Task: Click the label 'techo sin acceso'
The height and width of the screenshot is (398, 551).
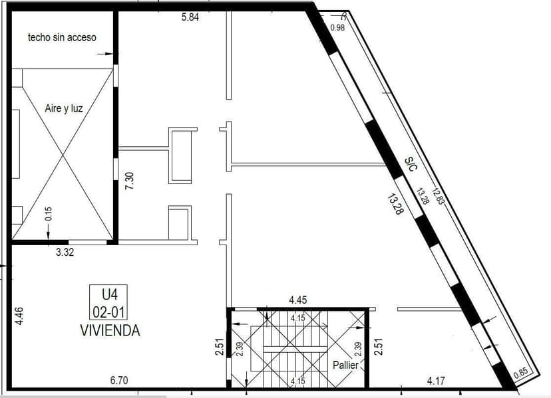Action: (62, 37)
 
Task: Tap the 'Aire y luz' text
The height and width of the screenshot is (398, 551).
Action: (64, 108)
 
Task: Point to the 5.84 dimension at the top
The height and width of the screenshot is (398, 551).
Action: (190, 17)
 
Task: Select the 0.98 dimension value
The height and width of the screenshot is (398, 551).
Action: (338, 27)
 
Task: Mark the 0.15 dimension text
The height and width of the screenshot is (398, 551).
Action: (48, 213)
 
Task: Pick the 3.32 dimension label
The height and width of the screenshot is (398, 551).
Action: (65, 252)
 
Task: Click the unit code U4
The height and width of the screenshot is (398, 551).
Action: (109, 294)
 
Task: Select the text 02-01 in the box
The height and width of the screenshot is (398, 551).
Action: (109, 310)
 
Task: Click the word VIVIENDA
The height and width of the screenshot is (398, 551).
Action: (110, 330)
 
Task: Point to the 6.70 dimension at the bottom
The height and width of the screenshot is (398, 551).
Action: (120, 381)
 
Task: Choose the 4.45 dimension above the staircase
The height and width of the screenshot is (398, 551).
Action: (298, 301)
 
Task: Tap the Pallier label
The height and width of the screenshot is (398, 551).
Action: (345, 365)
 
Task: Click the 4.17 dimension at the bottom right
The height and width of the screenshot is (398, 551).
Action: (436, 381)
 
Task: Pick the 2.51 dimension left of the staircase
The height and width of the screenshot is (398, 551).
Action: (220, 349)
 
